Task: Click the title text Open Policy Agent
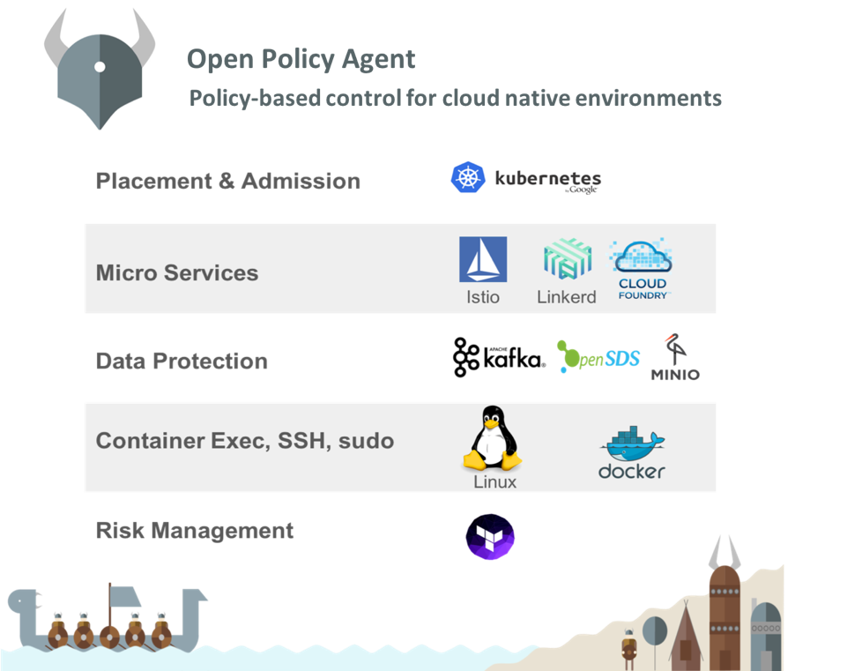[301, 59]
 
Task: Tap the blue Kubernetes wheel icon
[468, 177]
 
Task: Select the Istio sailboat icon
[483, 259]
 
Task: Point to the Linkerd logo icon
[568, 259]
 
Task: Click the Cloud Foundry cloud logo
[642, 268]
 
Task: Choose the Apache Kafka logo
[499, 357]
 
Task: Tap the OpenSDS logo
[598, 356]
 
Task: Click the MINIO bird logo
[675, 357]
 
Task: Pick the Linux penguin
[493, 438]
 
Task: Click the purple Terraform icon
[490, 537]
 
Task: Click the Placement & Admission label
[228, 181]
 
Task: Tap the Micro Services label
[177, 272]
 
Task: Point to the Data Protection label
[182, 362]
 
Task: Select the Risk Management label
[195, 531]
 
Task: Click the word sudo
[366, 441]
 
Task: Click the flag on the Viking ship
[125, 596]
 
